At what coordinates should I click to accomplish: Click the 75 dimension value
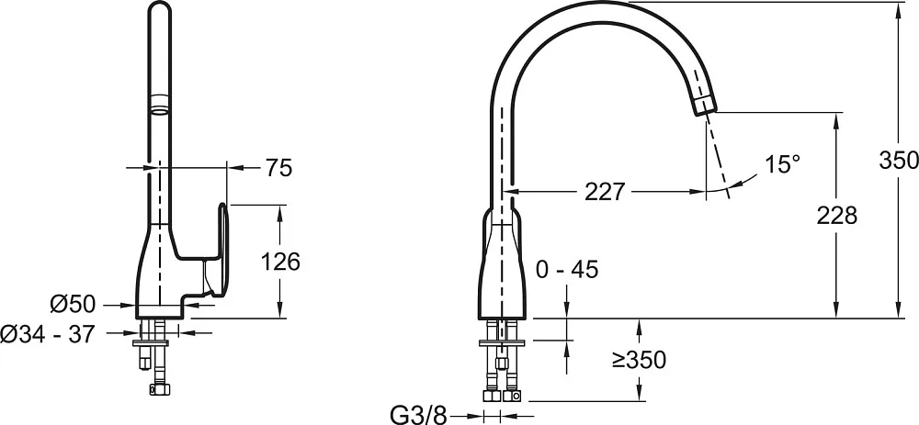click(278, 169)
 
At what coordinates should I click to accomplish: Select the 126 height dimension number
click(279, 262)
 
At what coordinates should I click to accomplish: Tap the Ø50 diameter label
click(72, 305)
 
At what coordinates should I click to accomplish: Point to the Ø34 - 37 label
click(47, 334)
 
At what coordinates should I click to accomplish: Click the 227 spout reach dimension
click(605, 192)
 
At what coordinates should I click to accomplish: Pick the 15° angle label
click(782, 164)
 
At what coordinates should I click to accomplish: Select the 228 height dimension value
click(837, 216)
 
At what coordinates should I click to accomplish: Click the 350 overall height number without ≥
click(899, 160)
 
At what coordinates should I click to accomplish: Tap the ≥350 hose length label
click(640, 360)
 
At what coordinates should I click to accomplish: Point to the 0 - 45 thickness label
click(567, 270)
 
